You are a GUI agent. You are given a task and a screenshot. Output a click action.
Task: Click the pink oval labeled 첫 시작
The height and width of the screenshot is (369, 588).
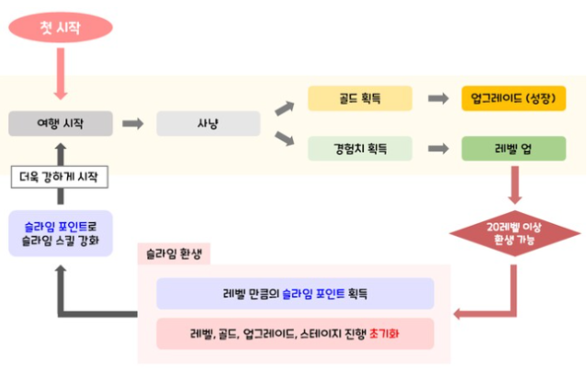point(61,27)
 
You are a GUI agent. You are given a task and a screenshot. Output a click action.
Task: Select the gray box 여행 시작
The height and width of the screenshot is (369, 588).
point(61,123)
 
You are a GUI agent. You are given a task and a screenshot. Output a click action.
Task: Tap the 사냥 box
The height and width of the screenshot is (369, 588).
point(208,123)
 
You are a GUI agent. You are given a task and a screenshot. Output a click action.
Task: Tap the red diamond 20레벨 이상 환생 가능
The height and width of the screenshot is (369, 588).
point(515,232)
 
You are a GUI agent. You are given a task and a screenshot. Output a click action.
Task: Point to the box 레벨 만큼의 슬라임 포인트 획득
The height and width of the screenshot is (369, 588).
point(295,294)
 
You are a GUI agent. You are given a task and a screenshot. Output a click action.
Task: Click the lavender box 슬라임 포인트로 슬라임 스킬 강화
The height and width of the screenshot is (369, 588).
point(61,233)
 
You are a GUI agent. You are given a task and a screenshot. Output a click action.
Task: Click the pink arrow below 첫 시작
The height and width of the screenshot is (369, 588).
point(61,73)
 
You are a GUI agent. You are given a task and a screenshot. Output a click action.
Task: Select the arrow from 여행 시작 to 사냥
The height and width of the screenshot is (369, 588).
point(134,123)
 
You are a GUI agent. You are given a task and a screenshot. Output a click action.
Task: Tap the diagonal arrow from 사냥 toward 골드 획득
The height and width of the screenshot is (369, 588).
point(284,107)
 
